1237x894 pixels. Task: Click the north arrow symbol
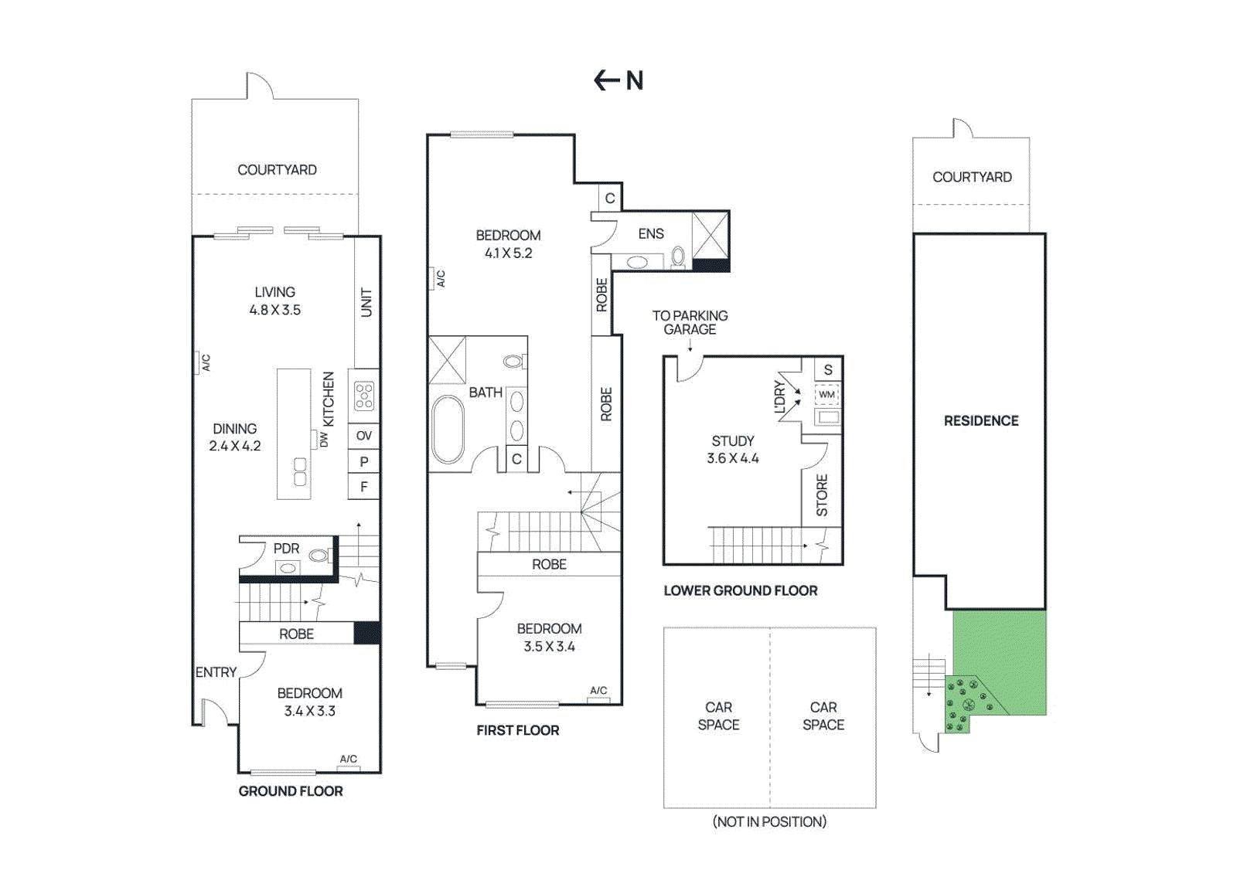[608, 80]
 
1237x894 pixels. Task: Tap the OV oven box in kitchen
[363, 436]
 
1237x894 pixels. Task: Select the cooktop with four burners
[364, 396]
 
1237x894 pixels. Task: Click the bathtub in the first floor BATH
[447, 429]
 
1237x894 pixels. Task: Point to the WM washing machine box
[826, 395]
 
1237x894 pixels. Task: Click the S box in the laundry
[828, 369]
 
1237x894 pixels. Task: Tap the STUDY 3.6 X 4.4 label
[733, 450]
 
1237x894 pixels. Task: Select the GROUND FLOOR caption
[291, 791]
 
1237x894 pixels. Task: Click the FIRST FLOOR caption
[517, 730]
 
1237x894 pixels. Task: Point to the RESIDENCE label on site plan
[980, 421]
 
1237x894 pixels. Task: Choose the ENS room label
[651, 233]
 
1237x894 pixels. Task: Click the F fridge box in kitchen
[363, 487]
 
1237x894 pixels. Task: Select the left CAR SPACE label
[718, 716]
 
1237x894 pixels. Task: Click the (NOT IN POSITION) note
[769, 821]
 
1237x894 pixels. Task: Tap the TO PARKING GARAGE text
[690, 322]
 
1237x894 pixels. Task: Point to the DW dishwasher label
[324, 439]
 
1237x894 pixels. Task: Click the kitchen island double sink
[300, 471]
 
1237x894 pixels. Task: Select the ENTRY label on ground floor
[216, 672]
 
